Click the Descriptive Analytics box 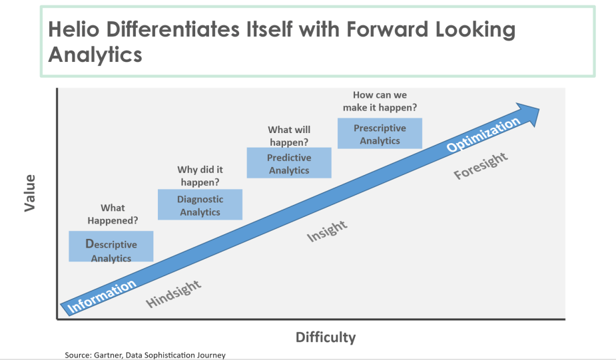(111, 246)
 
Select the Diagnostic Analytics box (200, 204)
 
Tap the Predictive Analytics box (289, 163)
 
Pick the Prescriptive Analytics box (380, 134)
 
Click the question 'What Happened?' (113, 214)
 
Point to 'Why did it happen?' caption (200, 176)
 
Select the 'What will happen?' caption (289, 136)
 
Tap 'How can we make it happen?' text (380, 101)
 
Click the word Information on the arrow (101, 296)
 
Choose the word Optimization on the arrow (483, 134)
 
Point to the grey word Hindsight (173, 293)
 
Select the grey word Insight (327, 231)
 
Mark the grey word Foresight (480, 166)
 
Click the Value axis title (30, 193)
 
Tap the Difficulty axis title (326, 337)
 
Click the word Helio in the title (73, 29)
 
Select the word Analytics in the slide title (95, 55)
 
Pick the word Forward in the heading (387, 29)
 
